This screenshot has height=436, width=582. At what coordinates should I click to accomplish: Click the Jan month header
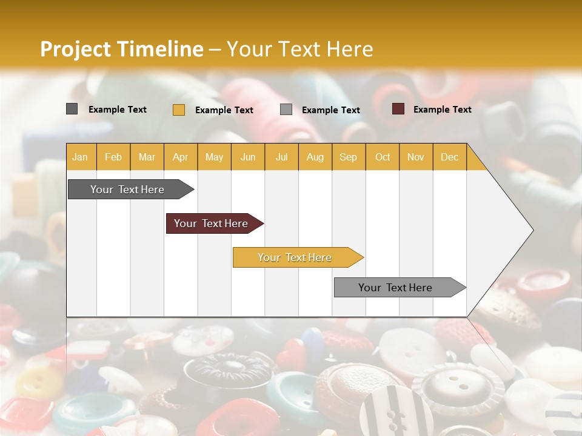pyautogui.click(x=80, y=157)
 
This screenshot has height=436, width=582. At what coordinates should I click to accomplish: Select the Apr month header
pyautogui.click(x=181, y=157)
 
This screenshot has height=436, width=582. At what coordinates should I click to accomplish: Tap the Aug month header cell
pyautogui.click(x=315, y=157)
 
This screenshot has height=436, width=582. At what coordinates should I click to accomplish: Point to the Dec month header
pyautogui.click(x=449, y=157)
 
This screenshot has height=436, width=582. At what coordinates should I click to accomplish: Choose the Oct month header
pyautogui.click(x=383, y=157)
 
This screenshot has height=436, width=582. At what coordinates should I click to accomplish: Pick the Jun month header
pyautogui.click(x=248, y=157)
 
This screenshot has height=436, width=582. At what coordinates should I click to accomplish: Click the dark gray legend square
pyautogui.click(x=72, y=109)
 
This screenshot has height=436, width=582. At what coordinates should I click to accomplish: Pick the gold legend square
pyautogui.click(x=178, y=110)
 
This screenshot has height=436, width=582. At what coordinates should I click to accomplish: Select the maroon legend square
pyautogui.click(x=398, y=109)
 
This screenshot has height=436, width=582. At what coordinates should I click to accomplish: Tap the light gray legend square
pyautogui.click(x=286, y=110)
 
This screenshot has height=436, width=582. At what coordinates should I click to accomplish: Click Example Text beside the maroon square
pyautogui.click(x=442, y=110)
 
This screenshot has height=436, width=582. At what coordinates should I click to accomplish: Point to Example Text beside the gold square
pyautogui.click(x=224, y=110)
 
